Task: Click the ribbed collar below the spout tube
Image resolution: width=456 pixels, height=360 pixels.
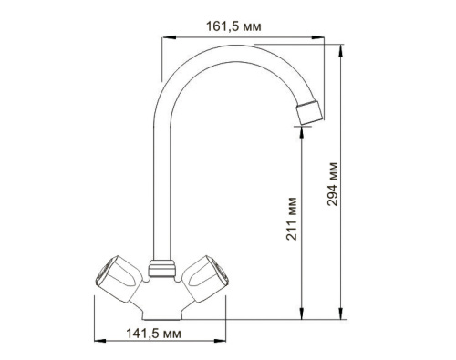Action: click(162, 268)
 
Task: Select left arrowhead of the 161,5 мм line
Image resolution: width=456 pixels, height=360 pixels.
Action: click(165, 38)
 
